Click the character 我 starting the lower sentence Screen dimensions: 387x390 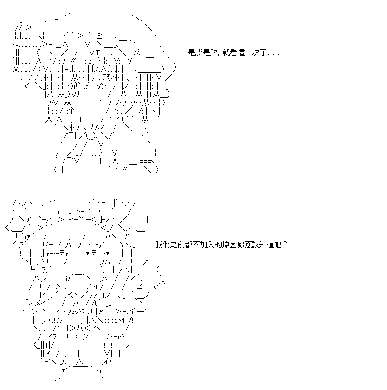click(159, 245)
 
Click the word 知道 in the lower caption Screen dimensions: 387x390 click(267, 245)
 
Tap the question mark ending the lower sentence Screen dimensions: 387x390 click(285, 245)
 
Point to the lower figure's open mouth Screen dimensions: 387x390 click(79, 282)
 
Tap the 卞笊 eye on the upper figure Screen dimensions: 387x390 click(71, 86)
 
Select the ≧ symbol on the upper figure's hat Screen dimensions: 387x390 click(99, 36)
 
